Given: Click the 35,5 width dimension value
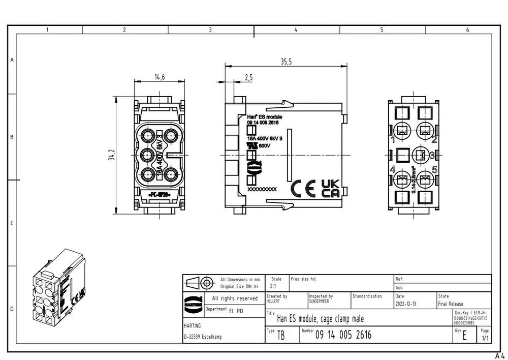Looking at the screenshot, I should click(x=286, y=62).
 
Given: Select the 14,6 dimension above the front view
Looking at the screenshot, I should click(x=160, y=77).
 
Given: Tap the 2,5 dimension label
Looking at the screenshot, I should click(x=249, y=77).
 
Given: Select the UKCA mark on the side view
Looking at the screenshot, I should click(x=331, y=188).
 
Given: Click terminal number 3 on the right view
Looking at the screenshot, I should click(x=432, y=155).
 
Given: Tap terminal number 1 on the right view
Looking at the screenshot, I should click(x=393, y=138).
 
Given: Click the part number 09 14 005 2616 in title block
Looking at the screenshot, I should click(x=343, y=335).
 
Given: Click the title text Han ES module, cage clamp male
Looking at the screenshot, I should click(x=320, y=319).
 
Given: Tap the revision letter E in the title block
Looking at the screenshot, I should click(x=464, y=337).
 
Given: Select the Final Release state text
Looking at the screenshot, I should click(x=451, y=304).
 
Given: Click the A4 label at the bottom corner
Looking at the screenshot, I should click(x=500, y=354).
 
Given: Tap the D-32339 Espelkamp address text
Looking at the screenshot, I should click(x=203, y=337).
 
